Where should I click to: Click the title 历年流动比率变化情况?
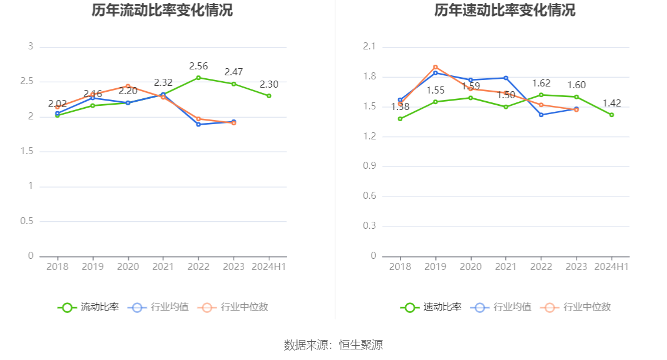[162, 11]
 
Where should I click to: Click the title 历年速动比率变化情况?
[505, 11]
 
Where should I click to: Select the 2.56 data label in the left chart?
[198, 66]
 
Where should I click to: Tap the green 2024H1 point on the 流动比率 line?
[269, 95]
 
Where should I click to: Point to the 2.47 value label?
[234, 72]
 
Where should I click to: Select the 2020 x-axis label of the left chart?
[128, 266]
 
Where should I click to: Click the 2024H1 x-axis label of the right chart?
[612, 266]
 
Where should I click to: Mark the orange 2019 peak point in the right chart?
[435, 67]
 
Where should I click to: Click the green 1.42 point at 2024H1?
[612, 115]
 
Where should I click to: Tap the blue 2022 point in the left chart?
[198, 124]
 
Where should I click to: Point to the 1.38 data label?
[400, 106]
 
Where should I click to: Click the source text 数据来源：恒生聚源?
[333, 345]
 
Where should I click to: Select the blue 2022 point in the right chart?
[541, 115]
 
